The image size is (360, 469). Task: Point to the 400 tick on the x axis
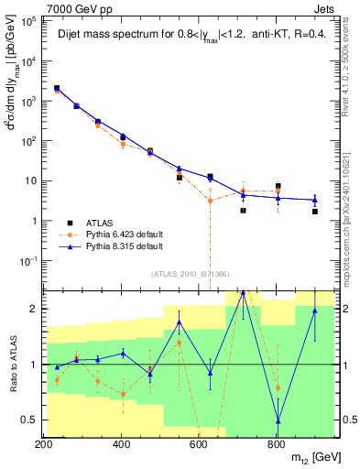[121, 444]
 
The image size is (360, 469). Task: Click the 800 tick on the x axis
[277, 444]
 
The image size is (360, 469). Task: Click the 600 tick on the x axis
[199, 444]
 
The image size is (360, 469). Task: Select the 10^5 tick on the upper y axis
[30, 21]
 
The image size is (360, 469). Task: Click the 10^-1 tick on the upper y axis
[29, 260]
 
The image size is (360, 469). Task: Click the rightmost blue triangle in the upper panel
[314, 200]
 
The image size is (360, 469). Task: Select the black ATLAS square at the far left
[57, 88]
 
